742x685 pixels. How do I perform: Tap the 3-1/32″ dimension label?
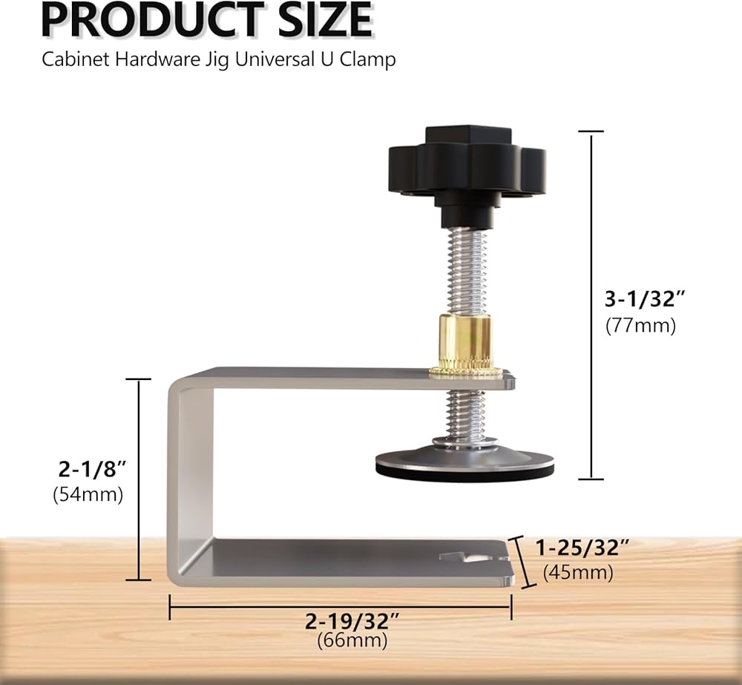click(x=645, y=299)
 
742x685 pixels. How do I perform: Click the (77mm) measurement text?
click(x=641, y=326)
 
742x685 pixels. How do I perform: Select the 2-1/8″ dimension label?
click(x=92, y=469)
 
